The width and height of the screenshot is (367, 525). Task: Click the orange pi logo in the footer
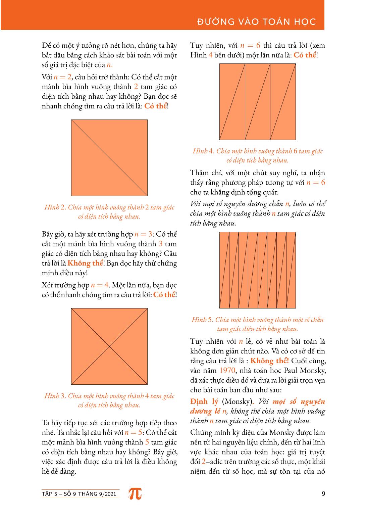[x=135, y=493]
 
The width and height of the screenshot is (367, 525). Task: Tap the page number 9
[x=323, y=493]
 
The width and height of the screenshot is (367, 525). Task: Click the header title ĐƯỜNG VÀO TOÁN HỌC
[x=257, y=22]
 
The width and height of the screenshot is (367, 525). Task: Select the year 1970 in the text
[x=227, y=371]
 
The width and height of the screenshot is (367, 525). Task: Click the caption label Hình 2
[x=52, y=207]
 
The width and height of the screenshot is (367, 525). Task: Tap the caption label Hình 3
[x=52, y=396]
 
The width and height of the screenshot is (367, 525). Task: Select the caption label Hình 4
[x=201, y=151]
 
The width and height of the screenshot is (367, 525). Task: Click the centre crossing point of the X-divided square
[x=109, y=346]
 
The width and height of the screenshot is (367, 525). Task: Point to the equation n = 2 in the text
[x=62, y=77]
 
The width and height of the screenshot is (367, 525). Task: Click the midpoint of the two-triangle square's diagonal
[x=109, y=157]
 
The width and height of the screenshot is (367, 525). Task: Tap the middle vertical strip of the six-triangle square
[x=258, y=101]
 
